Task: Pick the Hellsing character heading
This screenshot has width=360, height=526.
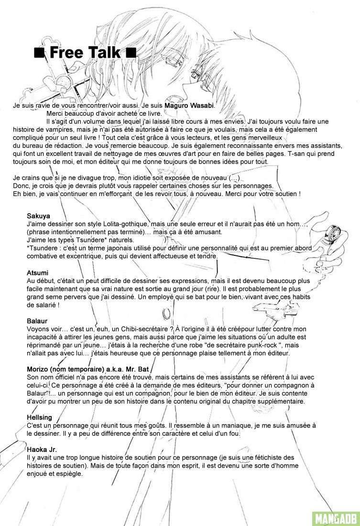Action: tap(40, 417)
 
